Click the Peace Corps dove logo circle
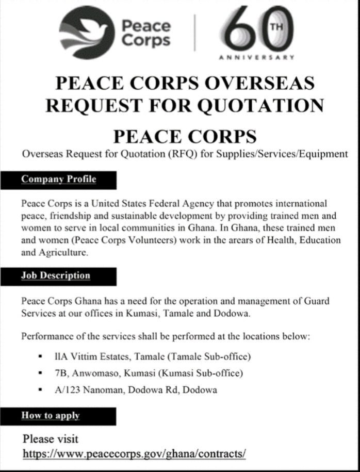pyautogui.click(x=86, y=31)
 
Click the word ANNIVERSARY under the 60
pyautogui.click(x=256, y=57)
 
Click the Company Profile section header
pyautogui.click(x=58, y=180)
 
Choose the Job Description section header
pyautogui.click(x=56, y=275)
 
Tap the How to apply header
pyautogui.click(x=51, y=415)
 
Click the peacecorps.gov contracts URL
pyautogui.click(x=135, y=454)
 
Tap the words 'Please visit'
pyautogui.click(x=51, y=439)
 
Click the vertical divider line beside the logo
pyautogui.click(x=194, y=32)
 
